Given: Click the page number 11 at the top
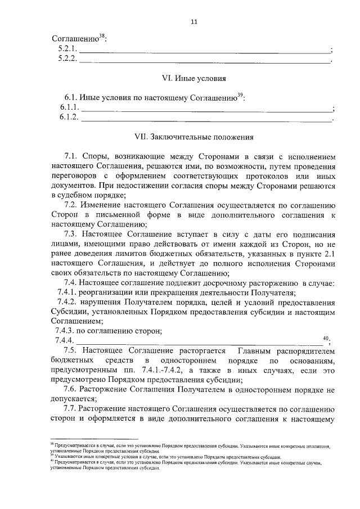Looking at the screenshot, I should pos(194,22).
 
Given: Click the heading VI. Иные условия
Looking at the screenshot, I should pos(194,79).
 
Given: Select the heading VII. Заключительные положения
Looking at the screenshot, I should pos(194,136).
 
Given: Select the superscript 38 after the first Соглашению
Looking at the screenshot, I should pos(102,37).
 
